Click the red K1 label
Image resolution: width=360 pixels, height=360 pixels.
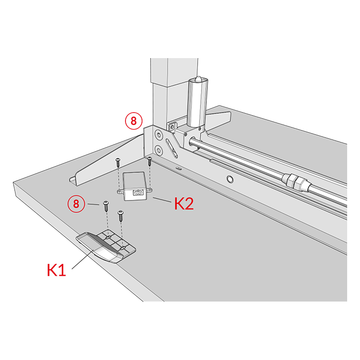[x=57, y=270]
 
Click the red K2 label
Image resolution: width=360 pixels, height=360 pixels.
[x=184, y=204]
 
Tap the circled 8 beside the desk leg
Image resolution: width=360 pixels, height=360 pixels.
[x=134, y=121]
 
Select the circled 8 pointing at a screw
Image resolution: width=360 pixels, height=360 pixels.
[x=76, y=204]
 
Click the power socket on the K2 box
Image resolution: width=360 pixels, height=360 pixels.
[x=137, y=193]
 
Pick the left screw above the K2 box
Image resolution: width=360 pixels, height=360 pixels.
[x=118, y=163]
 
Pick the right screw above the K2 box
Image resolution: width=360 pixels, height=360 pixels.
[x=150, y=161]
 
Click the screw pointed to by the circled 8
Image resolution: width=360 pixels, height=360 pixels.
[x=106, y=206]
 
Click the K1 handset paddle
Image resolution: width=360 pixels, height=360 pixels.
[x=106, y=247]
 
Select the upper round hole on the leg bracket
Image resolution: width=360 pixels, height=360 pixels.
[x=158, y=135]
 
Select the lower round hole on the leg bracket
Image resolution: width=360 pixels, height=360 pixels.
[x=158, y=150]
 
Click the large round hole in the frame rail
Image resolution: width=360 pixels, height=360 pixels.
[x=230, y=178]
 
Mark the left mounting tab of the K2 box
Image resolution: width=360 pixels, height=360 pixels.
[x=120, y=191]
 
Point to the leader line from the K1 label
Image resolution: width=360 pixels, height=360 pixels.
[x=83, y=259]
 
